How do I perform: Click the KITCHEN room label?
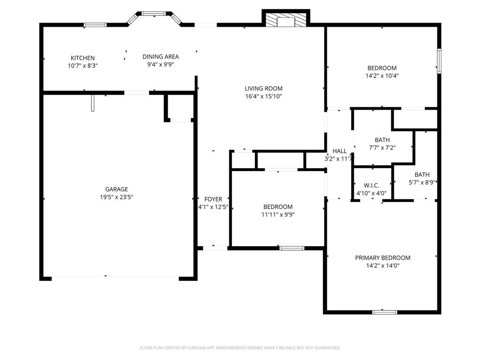pyautogui.click(x=82, y=58)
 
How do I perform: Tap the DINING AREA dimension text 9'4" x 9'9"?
pyautogui.click(x=161, y=65)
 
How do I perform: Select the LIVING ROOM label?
pyautogui.click(x=263, y=88)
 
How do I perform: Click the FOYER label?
pyautogui.click(x=213, y=199)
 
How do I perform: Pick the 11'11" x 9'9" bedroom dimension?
pyautogui.click(x=278, y=215)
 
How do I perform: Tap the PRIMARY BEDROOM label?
pyautogui.click(x=382, y=258)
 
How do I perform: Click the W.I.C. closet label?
pyautogui.click(x=371, y=186)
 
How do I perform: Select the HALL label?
pyautogui.click(x=339, y=151)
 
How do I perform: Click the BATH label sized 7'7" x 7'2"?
pyautogui.click(x=382, y=140)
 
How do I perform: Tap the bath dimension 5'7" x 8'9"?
pyautogui.click(x=422, y=182)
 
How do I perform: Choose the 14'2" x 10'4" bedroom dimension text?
pyautogui.click(x=382, y=75)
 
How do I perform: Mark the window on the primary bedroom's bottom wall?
pyautogui.click(x=384, y=312)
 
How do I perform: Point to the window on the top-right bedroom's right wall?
pyautogui.click(x=439, y=61)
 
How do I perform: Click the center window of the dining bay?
pyautogui.click(x=154, y=14)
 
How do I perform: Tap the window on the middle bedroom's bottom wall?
pyautogui.click(x=292, y=248)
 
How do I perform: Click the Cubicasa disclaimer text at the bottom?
pyautogui.click(x=240, y=348)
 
